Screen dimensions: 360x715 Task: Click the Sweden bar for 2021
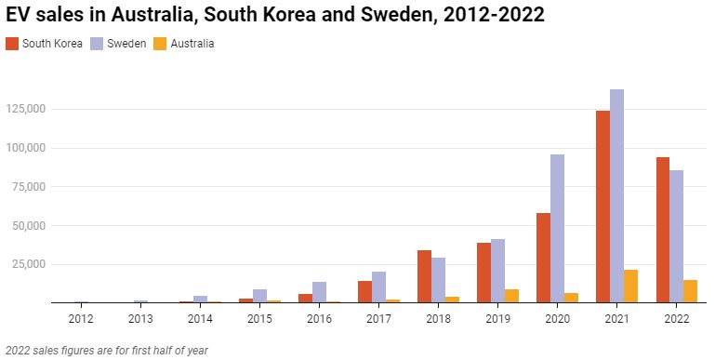point(616,196)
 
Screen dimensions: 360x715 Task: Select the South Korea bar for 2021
point(602,207)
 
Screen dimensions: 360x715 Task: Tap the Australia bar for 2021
point(631,287)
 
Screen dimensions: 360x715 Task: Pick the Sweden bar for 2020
point(557,229)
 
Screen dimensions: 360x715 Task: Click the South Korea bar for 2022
point(662,230)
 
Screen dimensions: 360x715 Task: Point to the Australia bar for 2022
point(691,291)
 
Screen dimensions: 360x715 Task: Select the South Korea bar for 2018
point(424,276)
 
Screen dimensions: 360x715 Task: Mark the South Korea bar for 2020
point(543,258)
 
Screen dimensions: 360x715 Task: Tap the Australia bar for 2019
point(512,296)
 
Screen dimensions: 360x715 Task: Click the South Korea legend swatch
point(12,44)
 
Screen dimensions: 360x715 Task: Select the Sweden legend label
point(127,44)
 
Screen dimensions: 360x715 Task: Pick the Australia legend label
point(192,44)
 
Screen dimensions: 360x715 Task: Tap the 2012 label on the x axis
point(81,319)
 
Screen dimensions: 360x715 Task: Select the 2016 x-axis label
point(319,319)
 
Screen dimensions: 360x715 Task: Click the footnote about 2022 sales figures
point(106,351)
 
